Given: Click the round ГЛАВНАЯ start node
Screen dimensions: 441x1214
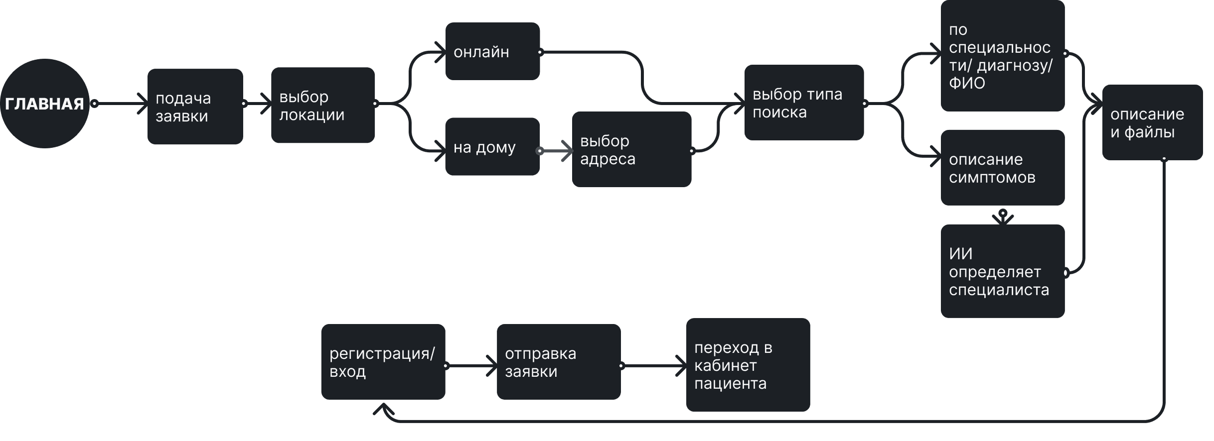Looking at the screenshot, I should (44, 104).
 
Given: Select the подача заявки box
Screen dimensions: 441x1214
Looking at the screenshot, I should (195, 107).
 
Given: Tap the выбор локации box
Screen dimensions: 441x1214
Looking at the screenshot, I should (322, 106).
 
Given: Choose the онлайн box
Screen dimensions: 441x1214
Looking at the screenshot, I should (492, 51).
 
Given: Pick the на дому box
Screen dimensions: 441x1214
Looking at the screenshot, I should (492, 147).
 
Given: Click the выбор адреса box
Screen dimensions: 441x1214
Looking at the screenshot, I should (631, 149).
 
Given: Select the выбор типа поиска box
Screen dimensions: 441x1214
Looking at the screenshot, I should (803, 103).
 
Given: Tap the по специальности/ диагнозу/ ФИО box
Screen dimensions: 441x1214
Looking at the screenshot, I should (1002, 56).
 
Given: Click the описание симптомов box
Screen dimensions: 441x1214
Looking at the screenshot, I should (1002, 168).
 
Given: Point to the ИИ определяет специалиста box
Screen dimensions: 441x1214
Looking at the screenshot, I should (1002, 271).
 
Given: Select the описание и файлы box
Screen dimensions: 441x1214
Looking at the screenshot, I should (1152, 122).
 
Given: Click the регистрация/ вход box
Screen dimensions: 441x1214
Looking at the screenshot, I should (383, 362).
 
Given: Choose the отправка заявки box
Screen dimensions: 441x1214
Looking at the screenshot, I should (558, 362).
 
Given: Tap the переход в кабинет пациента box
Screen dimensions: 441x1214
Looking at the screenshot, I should (748, 365).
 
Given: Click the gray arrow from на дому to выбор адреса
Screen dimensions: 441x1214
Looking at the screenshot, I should (557, 150).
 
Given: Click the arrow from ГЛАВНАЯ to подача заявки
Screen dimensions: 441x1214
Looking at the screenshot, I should (120, 104).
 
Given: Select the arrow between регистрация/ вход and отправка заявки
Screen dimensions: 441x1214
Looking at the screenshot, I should (471, 366).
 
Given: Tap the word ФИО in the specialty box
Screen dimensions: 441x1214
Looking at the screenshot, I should (967, 83).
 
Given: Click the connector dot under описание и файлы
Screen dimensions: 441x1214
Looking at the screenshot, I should (1164, 159).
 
